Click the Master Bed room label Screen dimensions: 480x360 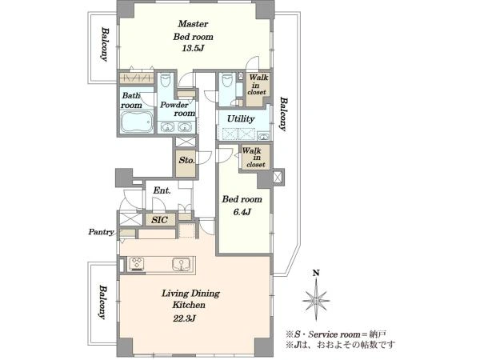193,30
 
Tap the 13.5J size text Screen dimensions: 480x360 193,48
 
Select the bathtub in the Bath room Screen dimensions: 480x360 137,122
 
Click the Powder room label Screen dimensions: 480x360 178,109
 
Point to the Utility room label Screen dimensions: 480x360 241,118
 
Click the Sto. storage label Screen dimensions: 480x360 186,160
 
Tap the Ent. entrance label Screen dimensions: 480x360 162,190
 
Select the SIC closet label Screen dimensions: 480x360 160,220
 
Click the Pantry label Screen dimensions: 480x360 101,232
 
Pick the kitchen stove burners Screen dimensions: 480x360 136,264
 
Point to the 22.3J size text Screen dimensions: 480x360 185,318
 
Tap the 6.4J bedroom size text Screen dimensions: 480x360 242,212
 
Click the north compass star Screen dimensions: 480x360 316,301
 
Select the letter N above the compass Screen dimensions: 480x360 316,273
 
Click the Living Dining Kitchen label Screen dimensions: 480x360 190,299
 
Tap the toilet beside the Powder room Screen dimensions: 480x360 166,80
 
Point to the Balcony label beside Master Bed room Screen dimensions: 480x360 105,45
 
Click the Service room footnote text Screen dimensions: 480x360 337,334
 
